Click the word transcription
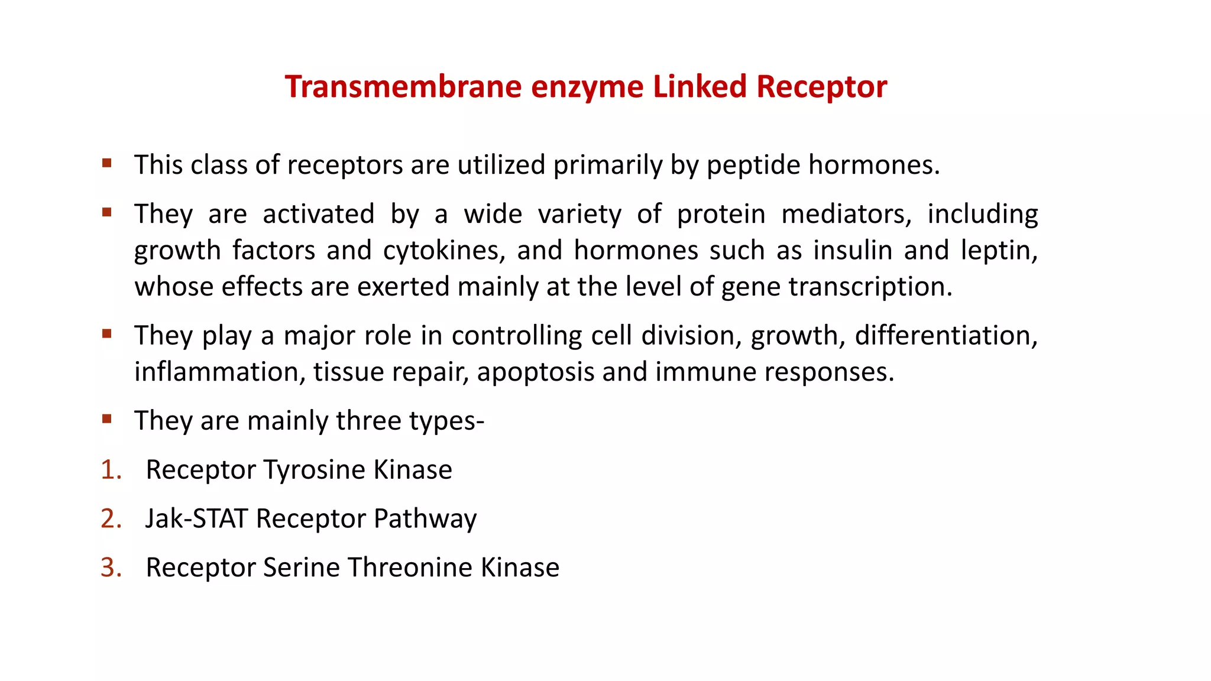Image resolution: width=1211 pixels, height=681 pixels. [x=870, y=287]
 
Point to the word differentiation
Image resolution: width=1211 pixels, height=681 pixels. [x=946, y=336]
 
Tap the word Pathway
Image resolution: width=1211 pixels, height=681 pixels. [x=425, y=519]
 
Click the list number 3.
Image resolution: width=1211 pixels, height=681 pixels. [x=110, y=567]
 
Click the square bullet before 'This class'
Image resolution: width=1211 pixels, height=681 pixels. [x=107, y=163]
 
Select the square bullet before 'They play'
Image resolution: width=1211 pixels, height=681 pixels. [x=107, y=334]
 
